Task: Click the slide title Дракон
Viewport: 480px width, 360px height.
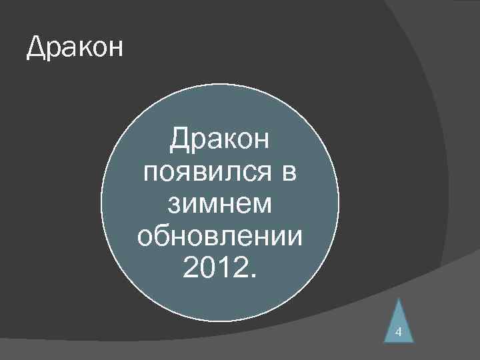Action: [75, 49]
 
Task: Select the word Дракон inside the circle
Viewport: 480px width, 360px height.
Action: [219, 141]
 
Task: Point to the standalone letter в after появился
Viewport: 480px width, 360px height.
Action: [288, 173]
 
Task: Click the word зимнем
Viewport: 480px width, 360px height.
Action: [219, 204]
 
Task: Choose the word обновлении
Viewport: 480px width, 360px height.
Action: [219, 235]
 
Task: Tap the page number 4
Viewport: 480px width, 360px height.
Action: [398, 332]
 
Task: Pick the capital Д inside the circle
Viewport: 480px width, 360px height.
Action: [179, 141]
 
